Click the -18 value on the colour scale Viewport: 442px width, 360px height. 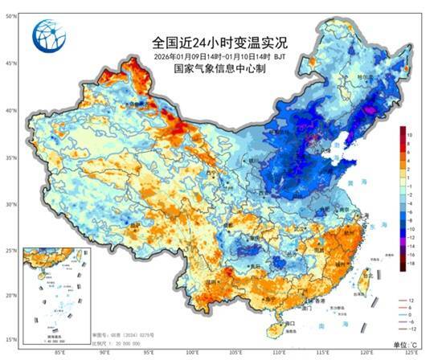(409, 262)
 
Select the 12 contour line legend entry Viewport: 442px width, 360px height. (409, 300)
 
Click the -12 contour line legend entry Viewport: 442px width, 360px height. (409, 329)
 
